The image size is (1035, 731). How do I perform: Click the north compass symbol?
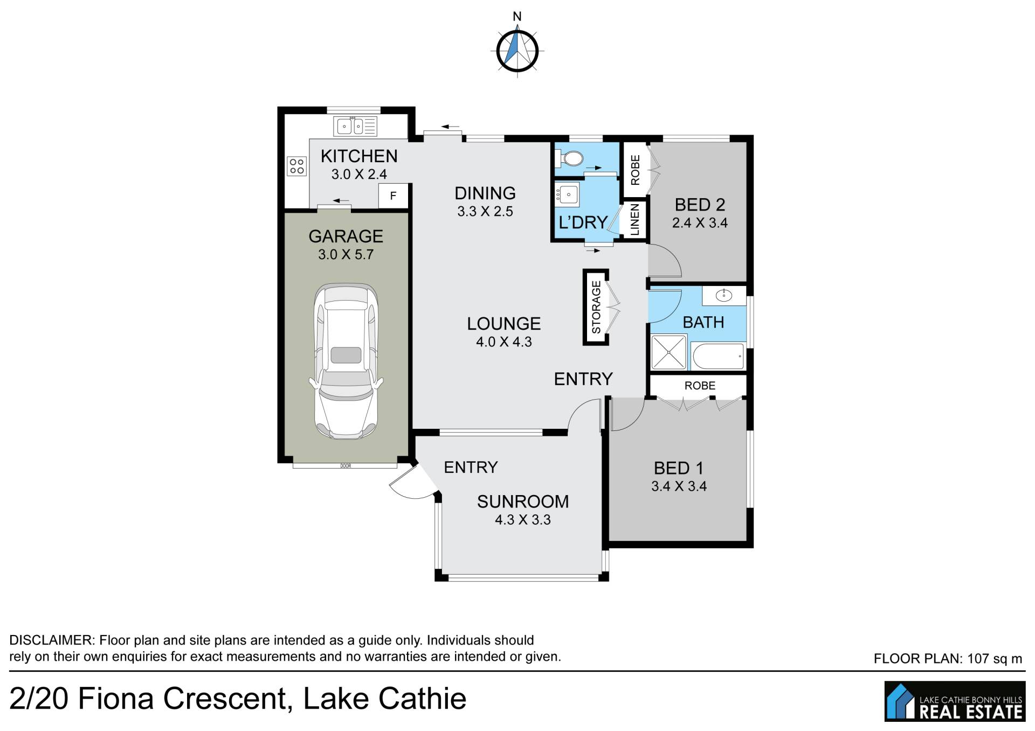click(x=517, y=51)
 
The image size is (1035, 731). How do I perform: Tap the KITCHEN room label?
click(x=359, y=156)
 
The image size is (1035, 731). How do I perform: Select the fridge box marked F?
click(x=393, y=196)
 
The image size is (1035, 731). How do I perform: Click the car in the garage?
click(x=346, y=361)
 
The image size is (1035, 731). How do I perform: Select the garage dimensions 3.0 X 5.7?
click(x=346, y=255)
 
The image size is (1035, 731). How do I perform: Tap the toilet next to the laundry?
click(x=570, y=158)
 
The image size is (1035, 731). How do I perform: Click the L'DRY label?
click(x=583, y=222)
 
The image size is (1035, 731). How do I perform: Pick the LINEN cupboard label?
click(x=635, y=220)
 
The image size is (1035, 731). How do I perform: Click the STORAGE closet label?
click(x=596, y=307)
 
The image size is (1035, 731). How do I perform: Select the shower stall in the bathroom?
click(x=669, y=352)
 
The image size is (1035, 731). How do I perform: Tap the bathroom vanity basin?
click(x=723, y=296)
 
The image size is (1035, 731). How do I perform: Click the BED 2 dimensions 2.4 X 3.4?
click(x=700, y=223)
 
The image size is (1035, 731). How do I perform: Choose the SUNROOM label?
click(x=523, y=502)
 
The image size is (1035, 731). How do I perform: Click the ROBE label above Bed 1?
click(x=700, y=386)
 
